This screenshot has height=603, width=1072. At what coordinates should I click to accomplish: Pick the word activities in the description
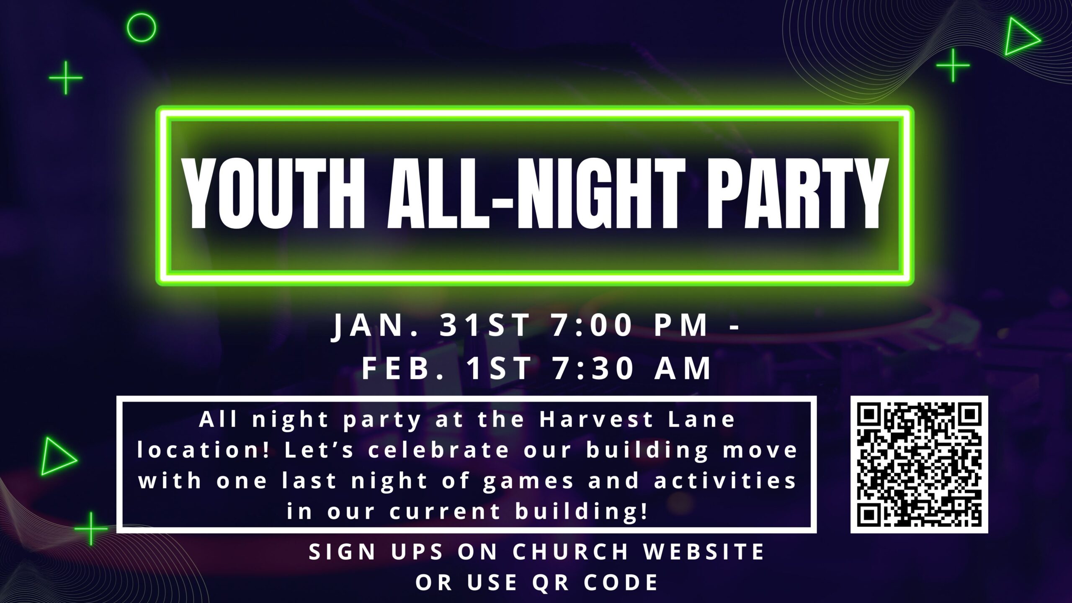(725, 481)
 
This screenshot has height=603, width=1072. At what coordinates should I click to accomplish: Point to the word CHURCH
(571, 552)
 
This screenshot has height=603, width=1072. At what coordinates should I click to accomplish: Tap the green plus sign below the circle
(66, 77)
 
